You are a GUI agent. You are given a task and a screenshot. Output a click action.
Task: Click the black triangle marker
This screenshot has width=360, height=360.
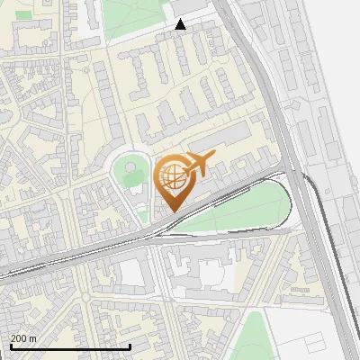coord(181,24)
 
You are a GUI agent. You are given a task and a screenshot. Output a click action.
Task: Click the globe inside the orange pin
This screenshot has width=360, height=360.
coord(173,176)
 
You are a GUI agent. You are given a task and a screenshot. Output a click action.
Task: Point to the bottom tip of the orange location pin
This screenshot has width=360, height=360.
coord(173,211)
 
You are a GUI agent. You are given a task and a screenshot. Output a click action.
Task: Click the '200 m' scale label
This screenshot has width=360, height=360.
coord(23,338)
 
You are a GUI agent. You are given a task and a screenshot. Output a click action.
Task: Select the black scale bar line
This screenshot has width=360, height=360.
coord(69,346)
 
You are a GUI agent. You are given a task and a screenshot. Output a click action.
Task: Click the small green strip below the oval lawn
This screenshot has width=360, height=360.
coord(142,213)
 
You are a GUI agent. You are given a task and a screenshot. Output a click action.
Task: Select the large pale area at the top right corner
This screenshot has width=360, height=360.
coord(337,36)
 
